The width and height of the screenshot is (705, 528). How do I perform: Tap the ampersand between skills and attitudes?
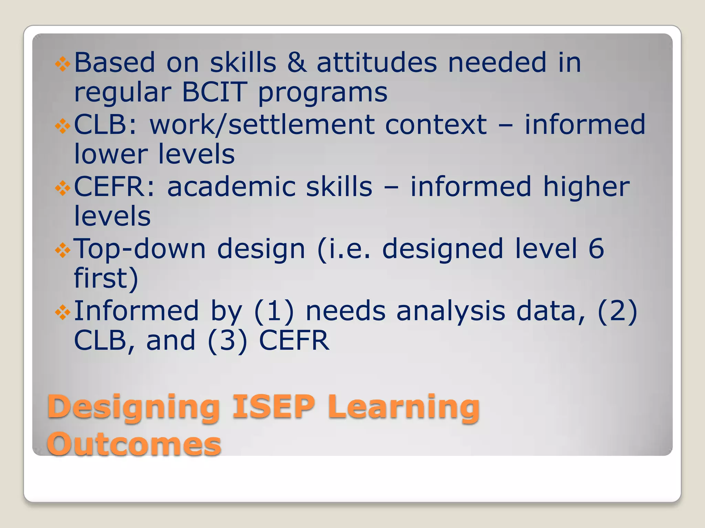pos(297,63)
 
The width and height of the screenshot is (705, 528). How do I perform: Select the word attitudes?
pos(377,63)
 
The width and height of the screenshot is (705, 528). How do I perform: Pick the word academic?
pos(231,187)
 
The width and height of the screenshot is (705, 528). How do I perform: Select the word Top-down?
pos(140,249)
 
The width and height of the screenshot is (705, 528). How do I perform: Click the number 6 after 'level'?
pos(596,249)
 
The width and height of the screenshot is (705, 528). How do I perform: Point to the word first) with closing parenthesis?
pos(106,278)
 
